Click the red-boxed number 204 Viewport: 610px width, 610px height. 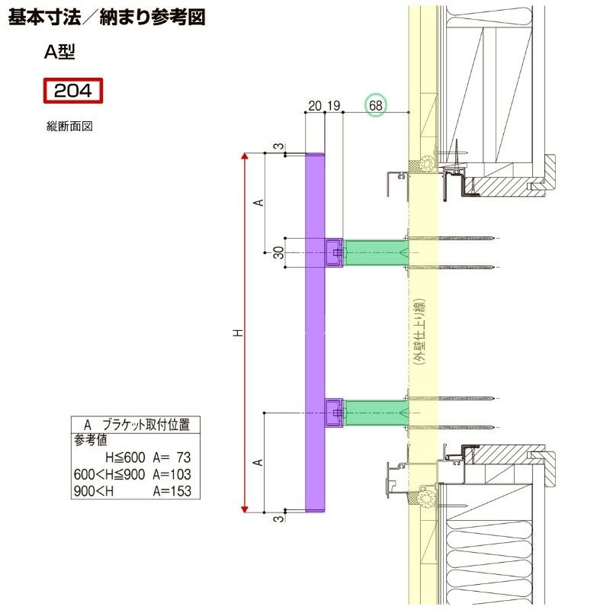72,91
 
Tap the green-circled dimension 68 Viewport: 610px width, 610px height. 376,106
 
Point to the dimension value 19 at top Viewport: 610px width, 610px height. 333,106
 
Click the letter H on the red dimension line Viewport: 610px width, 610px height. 238,332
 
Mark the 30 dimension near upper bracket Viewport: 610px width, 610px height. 279,252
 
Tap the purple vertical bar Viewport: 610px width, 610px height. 315,332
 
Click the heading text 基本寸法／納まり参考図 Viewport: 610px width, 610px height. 107,18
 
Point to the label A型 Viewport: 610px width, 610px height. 59,52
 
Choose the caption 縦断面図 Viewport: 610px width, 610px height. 69,127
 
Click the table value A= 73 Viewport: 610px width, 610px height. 171,457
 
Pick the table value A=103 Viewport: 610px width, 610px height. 171,474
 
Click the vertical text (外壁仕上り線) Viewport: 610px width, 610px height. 419,332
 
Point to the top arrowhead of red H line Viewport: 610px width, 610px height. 245,156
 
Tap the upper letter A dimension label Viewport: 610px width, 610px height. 258,203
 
